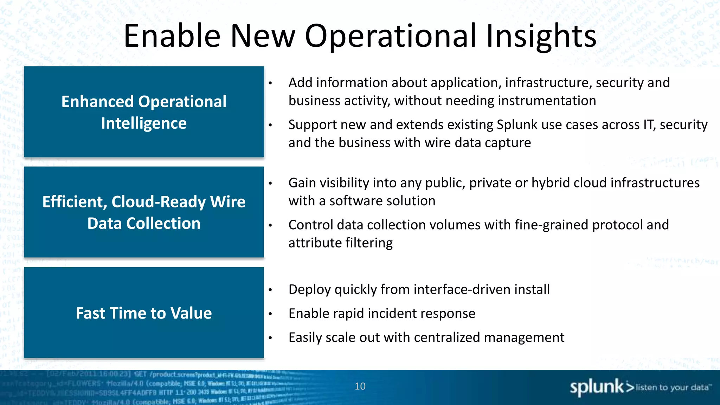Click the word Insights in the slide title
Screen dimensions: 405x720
point(541,36)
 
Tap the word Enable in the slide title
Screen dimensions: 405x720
point(172,36)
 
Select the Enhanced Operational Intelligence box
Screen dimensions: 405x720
point(144,112)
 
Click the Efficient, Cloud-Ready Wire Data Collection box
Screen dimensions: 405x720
point(144,212)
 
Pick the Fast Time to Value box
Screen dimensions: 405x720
point(144,313)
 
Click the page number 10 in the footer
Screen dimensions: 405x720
point(360,386)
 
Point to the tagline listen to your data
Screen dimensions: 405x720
point(672,387)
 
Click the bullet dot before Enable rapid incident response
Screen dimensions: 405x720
point(270,314)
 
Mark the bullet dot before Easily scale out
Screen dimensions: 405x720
point(270,338)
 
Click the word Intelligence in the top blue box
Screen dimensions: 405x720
point(144,123)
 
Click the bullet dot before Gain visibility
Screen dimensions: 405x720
point(270,183)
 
